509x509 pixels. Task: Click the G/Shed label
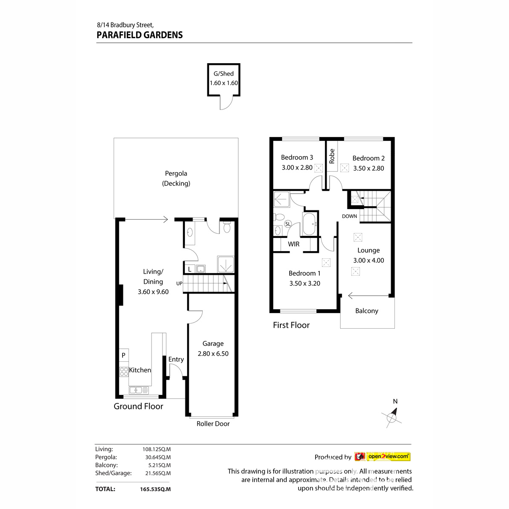tap(224, 74)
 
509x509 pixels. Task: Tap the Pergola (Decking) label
tap(176, 179)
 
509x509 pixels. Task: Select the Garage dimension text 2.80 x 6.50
tap(213, 354)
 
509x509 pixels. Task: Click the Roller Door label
tap(213, 424)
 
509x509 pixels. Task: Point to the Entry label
tap(176, 359)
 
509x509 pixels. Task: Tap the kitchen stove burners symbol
tap(124, 372)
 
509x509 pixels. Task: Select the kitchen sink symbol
tap(139, 390)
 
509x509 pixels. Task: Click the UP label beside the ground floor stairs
tap(179, 283)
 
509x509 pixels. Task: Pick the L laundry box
tap(190, 269)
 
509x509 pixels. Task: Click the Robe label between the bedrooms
tap(332, 156)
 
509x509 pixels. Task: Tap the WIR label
tap(294, 244)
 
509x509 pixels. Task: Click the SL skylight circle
tap(288, 224)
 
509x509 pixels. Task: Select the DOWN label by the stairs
tap(350, 216)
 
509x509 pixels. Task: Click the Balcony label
tap(366, 311)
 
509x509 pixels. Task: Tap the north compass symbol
tap(392, 417)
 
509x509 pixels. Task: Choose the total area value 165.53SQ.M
tap(155, 489)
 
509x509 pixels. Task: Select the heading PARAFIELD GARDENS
tap(140, 35)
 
